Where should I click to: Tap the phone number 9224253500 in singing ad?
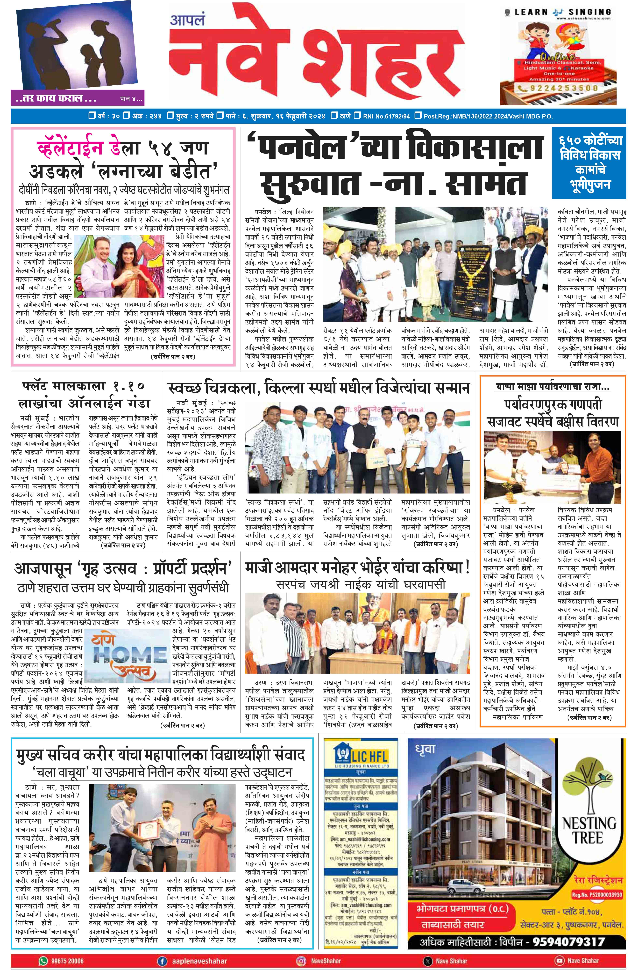click(561, 88)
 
